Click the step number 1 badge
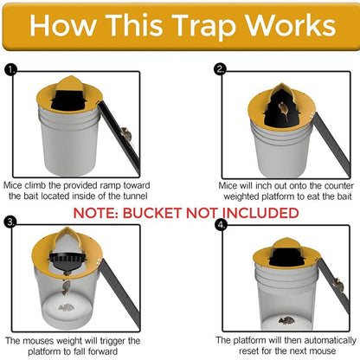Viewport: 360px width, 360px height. pyautogui.click(x=10, y=68)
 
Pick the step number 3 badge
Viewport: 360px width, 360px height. pyautogui.click(x=10, y=222)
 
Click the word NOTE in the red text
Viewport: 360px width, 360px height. pyautogui.click(x=99, y=212)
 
